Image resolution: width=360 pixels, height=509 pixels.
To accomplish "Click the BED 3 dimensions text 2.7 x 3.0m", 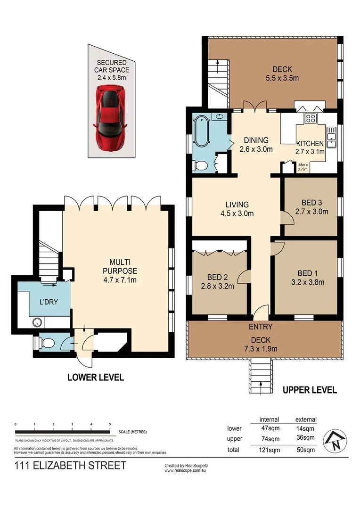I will click(x=311, y=212).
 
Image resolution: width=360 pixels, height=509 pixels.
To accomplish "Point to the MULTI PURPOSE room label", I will click(x=121, y=266).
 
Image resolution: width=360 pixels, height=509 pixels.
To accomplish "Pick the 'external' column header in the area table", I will click(x=306, y=419).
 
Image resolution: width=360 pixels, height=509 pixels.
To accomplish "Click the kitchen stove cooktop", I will click(x=311, y=119).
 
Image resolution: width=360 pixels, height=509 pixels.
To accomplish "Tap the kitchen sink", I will click(x=331, y=137).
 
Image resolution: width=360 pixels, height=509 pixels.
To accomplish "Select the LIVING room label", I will click(x=237, y=205).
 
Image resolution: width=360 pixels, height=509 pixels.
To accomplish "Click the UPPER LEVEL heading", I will click(x=310, y=390).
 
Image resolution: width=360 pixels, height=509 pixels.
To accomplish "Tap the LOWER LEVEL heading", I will click(x=96, y=377).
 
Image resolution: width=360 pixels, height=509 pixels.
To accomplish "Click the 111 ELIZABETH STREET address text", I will click(x=71, y=466).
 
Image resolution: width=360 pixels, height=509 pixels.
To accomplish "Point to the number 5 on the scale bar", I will click(x=110, y=424).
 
